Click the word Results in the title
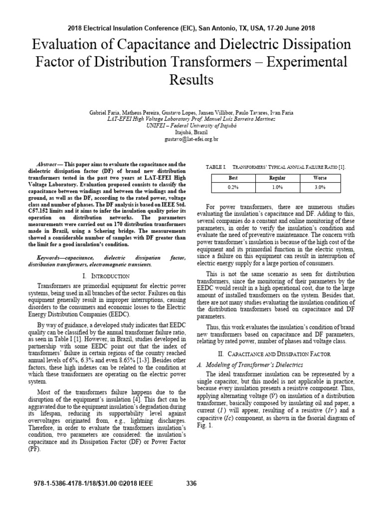191,79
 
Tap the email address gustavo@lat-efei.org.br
191,139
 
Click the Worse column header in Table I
320,177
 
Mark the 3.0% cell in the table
320,187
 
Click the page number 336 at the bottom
191,483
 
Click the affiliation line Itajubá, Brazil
191,132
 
